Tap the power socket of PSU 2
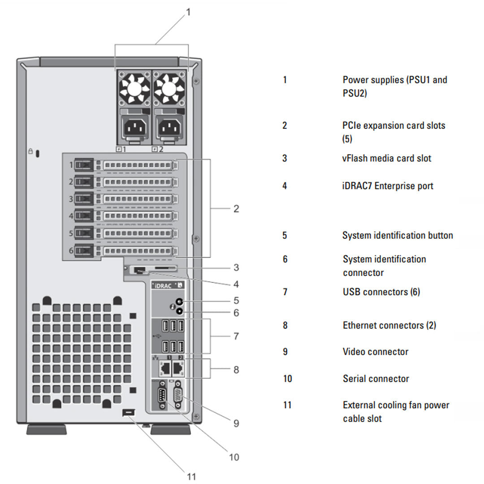(169, 129)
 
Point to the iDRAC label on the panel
(163, 285)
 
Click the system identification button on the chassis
(180, 302)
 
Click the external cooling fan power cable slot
(128, 412)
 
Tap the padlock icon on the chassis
(30, 152)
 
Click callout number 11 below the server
(191, 476)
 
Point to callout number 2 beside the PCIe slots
(236, 209)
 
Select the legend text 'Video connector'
(375, 352)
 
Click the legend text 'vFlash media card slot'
(387, 158)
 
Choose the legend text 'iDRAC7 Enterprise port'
(388, 186)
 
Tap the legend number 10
(287, 379)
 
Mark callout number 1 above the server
(188, 12)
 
